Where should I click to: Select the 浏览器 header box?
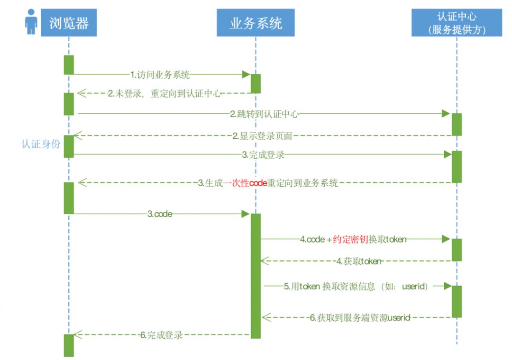69,23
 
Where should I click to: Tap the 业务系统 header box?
256,23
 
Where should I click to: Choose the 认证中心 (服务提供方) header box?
457,23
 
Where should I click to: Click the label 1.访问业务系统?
160,74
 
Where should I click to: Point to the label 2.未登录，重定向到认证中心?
164,93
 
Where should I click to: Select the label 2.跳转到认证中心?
265,114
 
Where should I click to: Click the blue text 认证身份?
41,144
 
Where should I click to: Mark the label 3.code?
160,215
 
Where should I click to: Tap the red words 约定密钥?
350,240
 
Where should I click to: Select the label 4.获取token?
358,261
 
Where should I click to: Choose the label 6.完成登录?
161,335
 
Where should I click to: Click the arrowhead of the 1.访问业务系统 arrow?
246,74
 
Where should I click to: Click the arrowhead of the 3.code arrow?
246,215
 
